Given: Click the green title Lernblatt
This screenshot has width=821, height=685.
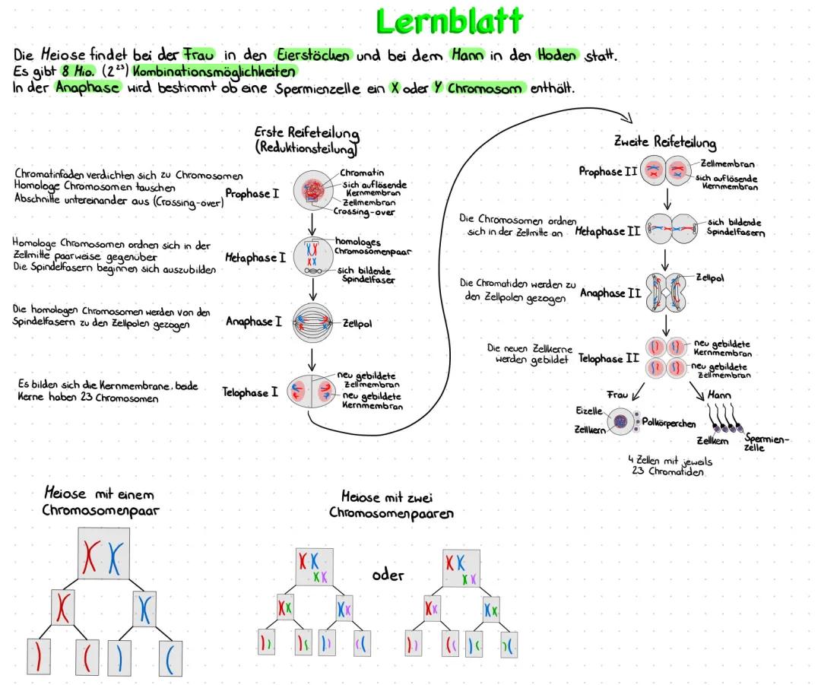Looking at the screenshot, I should click(450, 21).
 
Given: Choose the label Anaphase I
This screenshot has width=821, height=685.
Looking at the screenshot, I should click(249, 322).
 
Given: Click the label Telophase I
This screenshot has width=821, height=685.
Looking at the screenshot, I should click(250, 392).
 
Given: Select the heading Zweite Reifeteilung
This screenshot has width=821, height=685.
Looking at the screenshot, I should click(664, 142).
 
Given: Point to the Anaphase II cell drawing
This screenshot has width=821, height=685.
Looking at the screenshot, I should click(666, 293).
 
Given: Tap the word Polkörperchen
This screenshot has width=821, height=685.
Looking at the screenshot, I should click(669, 421).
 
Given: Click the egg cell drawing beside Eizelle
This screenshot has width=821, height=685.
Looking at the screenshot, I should click(621, 420).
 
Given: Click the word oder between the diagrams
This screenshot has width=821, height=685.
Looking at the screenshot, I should click(388, 575).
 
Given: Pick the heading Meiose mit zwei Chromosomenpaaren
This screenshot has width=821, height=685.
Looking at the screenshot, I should click(391, 505).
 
